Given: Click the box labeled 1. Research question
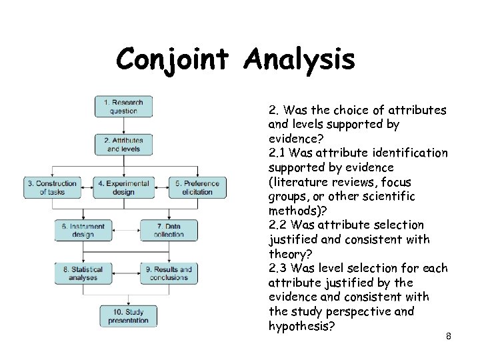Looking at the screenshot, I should click(123, 107).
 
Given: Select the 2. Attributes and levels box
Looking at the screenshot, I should click(123, 145).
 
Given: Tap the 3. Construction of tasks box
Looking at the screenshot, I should click(52, 187).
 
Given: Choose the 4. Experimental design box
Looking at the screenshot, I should click(123, 187).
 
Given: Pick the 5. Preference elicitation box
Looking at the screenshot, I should click(197, 187).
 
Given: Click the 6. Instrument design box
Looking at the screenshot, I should click(83, 230).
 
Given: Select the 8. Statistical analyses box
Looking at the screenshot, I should click(83, 273).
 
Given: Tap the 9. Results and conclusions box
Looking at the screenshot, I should click(169, 273).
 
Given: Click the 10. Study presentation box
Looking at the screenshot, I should click(128, 316).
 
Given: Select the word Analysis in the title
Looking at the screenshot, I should click(299, 60).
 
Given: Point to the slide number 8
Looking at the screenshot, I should click(449, 336).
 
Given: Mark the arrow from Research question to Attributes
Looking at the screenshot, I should click(123, 125).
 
